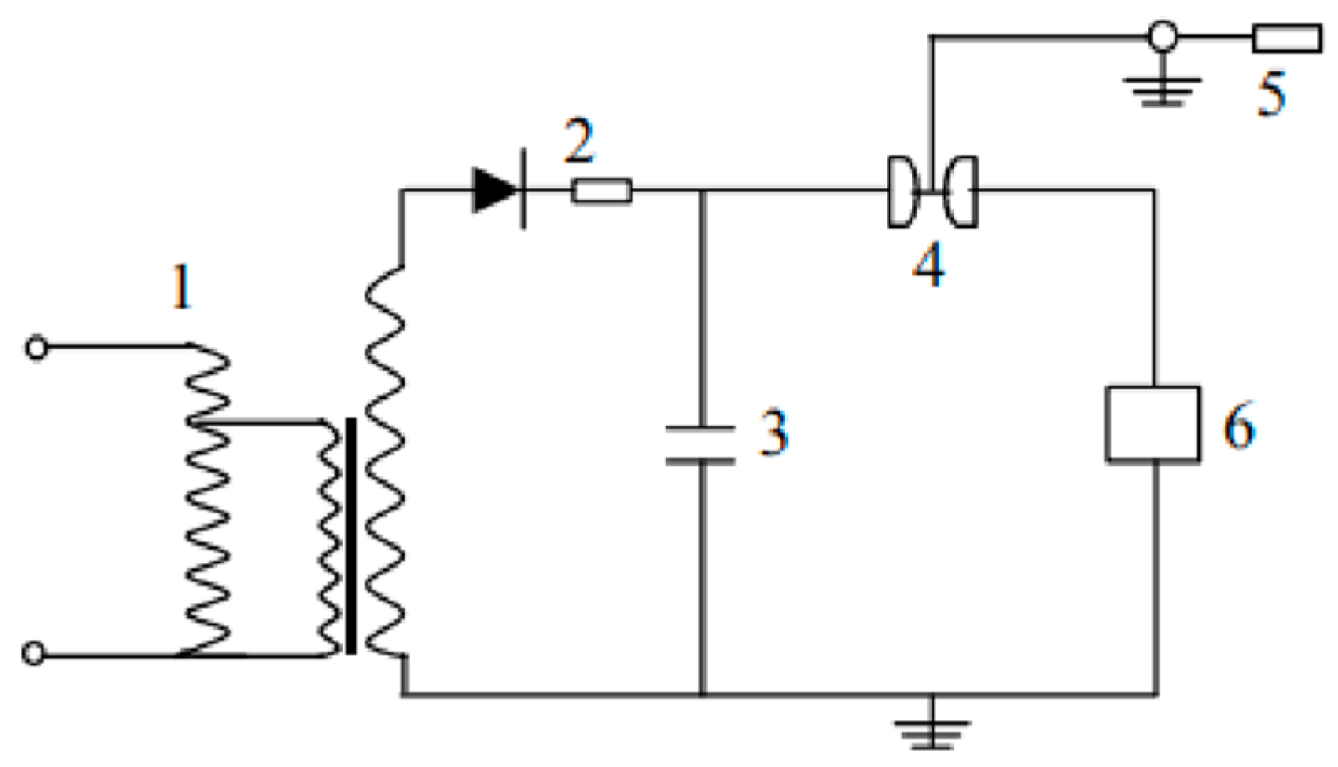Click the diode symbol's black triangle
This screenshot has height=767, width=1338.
(x=494, y=190)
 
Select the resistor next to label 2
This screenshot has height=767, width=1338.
(x=602, y=192)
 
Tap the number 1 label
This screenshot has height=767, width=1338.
(x=182, y=288)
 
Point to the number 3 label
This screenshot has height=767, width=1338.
(x=773, y=432)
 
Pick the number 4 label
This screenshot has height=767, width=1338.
(x=929, y=265)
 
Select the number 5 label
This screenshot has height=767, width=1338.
(x=1271, y=94)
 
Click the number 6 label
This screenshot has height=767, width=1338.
(x=1239, y=426)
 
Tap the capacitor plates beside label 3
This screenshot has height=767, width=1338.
(x=701, y=445)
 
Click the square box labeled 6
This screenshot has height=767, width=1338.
(x=1153, y=423)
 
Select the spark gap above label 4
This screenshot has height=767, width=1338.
(x=931, y=192)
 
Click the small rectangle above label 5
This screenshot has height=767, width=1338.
(x=1286, y=38)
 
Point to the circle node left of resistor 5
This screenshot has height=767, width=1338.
(x=1162, y=37)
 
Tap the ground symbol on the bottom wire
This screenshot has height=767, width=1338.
(x=932, y=731)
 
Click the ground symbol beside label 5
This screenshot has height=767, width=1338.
(x=1162, y=89)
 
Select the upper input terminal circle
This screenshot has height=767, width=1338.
(x=36, y=347)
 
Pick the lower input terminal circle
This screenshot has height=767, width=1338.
(x=33, y=653)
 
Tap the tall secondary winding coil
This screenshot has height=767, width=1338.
(x=386, y=460)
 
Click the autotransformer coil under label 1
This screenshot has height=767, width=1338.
(x=207, y=502)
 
